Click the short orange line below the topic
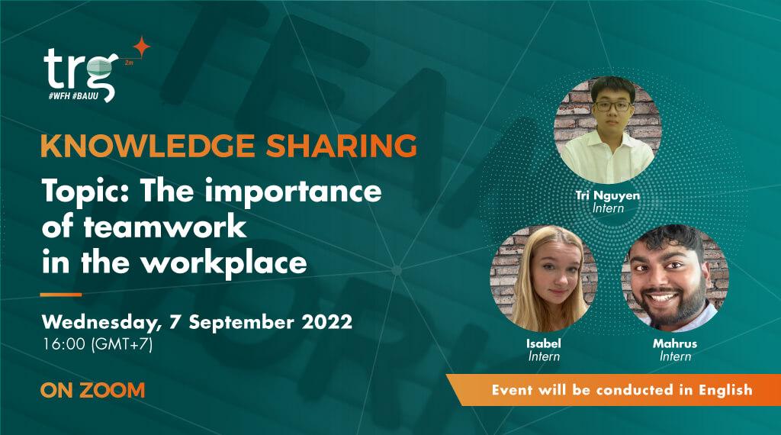click(x=60, y=294)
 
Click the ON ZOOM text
click(x=93, y=390)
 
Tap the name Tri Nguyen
click(x=608, y=195)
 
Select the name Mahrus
click(x=674, y=343)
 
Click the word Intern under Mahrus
click(x=675, y=356)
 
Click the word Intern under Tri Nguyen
click(x=608, y=208)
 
